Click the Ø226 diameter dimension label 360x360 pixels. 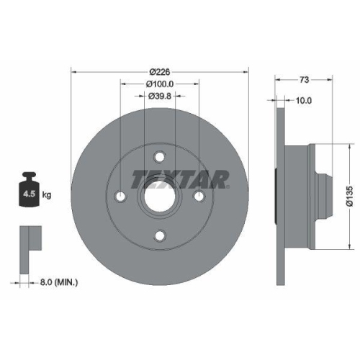coord(160,72)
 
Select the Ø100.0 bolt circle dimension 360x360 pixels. coord(160,84)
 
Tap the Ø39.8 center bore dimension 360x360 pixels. coord(160,96)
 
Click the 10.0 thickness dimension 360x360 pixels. coord(303,101)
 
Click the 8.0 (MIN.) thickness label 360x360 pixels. coord(59,283)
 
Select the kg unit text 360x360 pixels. coord(48,194)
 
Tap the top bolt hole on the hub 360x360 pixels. coord(160,157)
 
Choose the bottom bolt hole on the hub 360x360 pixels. coord(160,233)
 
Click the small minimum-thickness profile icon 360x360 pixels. coord(28,240)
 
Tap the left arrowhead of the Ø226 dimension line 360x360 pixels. coord(75,72)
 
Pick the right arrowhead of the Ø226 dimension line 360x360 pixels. coord(246,72)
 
